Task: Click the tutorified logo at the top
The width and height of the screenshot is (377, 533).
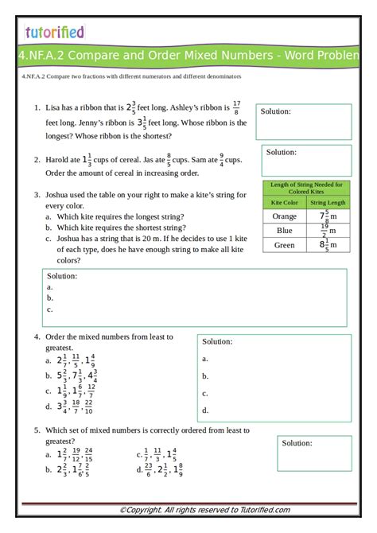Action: click(x=54, y=32)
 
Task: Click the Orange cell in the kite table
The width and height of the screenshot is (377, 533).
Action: click(x=284, y=216)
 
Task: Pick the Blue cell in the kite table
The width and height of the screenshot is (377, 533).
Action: click(x=284, y=231)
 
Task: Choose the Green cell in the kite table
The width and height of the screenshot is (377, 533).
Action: click(x=284, y=245)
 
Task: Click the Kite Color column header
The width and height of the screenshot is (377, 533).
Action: click(x=284, y=202)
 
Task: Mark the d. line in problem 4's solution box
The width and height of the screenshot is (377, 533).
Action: click(x=205, y=410)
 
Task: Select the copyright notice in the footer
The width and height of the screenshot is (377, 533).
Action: click(x=204, y=510)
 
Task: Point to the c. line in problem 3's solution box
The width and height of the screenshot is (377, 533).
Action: click(x=50, y=309)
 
